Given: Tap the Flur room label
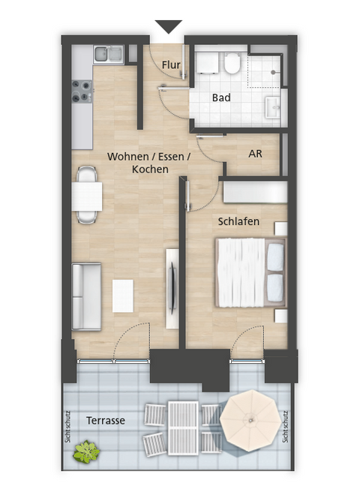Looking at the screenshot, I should coord(171,65).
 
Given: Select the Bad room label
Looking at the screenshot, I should coord(221,98).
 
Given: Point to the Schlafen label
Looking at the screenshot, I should coord(238,222).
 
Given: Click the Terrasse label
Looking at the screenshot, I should coord(105,421).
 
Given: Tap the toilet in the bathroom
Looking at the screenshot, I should coord(231,64).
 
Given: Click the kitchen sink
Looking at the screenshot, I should coord(109,53).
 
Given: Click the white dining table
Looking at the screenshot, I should coord(88,196).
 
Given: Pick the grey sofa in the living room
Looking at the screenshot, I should coord(86,297).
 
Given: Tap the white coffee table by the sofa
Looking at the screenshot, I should coord(122,295).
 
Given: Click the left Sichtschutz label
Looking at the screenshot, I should coord(68,425).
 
